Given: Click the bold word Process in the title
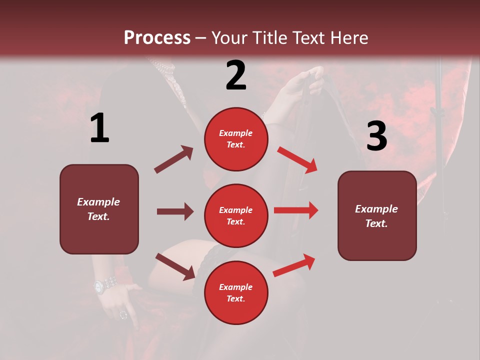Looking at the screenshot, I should (157, 37).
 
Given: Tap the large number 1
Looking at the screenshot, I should (99, 129).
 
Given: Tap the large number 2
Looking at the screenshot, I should (235, 75).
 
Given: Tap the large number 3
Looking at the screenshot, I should (376, 136).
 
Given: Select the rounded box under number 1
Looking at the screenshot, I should (99, 209).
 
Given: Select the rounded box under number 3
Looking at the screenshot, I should (377, 216).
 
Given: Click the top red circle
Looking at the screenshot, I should (235, 139).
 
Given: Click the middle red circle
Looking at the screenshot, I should (235, 215).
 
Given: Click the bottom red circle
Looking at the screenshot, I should (235, 292).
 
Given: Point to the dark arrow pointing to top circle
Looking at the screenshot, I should (173, 159).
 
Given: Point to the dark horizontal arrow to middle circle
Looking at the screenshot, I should (175, 211).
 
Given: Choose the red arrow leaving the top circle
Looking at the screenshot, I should (297, 159).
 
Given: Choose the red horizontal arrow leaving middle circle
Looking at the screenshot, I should (295, 210).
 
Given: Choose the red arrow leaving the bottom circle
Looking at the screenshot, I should (294, 265).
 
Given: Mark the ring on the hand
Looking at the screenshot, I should (123, 314).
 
